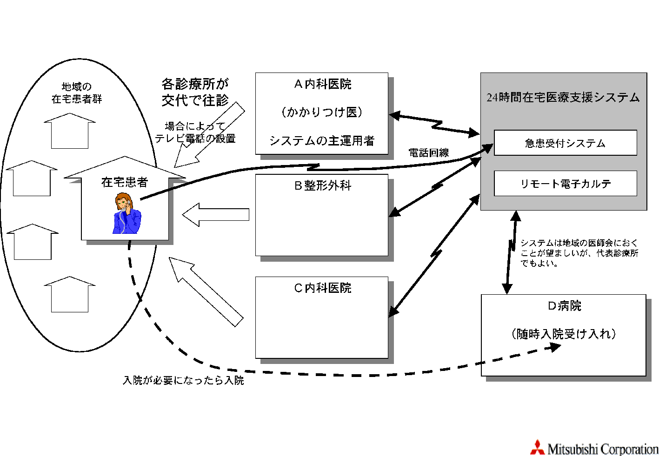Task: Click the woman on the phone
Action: [126, 213]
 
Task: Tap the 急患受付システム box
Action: [565, 143]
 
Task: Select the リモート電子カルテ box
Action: [565, 184]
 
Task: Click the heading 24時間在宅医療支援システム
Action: [563, 98]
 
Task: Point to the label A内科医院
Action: [322, 84]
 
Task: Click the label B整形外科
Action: [322, 185]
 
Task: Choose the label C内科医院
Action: [322, 288]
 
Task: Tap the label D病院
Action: [564, 306]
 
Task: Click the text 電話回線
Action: [428, 152]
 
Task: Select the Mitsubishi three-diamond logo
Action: [537, 447]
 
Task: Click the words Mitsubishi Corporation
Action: [603, 449]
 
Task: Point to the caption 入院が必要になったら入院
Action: [183, 380]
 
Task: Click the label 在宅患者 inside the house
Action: [125, 182]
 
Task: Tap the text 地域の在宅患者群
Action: [77, 93]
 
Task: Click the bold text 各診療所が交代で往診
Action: [195, 92]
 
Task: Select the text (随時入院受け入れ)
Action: [564, 334]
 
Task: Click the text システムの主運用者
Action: [322, 140]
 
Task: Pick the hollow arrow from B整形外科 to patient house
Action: [216, 215]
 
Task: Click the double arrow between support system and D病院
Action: [511, 252]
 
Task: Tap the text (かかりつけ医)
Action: [322, 112]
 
